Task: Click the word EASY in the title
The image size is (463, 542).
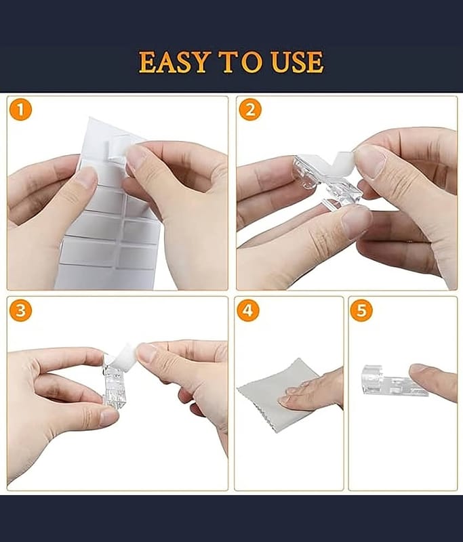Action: pyautogui.click(x=174, y=62)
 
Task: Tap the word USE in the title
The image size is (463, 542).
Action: pyautogui.click(x=297, y=62)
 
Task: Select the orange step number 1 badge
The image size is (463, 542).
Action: pyautogui.click(x=21, y=110)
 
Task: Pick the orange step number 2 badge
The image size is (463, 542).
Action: pyautogui.click(x=250, y=110)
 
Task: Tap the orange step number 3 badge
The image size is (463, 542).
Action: pyautogui.click(x=21, y=310)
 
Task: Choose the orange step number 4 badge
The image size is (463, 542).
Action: pyautogui.click(x=248, y=310)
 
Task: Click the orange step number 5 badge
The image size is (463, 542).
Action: pyautogui.click(x=361, y=310)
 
